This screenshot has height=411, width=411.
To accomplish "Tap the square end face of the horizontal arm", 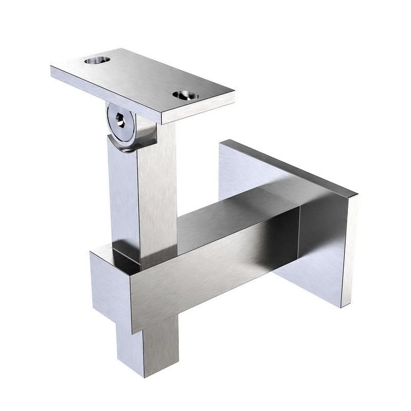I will coord(110,288).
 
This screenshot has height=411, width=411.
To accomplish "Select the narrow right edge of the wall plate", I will coord(349,252).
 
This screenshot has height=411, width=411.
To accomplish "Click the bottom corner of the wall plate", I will coord(341,307).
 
